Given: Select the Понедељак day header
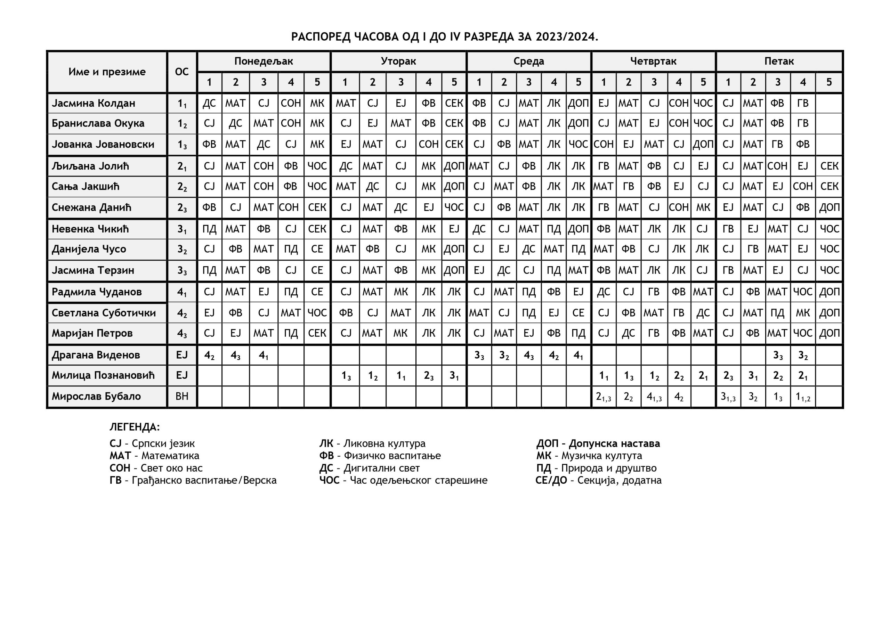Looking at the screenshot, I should coord(264,61).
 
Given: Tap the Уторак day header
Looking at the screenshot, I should coord(398,61).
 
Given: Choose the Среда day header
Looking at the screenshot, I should coord(529,61).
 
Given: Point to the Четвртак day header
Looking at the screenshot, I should coord(653,61).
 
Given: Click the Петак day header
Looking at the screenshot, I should coord(779,61).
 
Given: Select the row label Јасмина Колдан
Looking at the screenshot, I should coord(94,103).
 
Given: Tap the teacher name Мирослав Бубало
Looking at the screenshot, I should coord(96,397).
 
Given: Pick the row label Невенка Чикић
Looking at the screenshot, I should coord(90,229).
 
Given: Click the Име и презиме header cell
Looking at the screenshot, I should coord(107,72).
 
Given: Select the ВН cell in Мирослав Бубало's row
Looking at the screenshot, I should coord(182,397).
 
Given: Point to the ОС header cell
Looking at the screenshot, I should coord(182,72).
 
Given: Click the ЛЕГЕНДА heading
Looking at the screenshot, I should coord(135,427).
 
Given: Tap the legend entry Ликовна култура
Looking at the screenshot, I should coord(372,443).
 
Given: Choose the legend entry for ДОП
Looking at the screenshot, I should coord(598,443).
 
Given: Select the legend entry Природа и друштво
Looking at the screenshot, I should coord(596,468).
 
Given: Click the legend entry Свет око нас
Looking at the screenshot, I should coord(156,468).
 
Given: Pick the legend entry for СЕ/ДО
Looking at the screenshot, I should coord(598,481).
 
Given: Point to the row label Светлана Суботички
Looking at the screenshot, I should coord(104,313).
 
